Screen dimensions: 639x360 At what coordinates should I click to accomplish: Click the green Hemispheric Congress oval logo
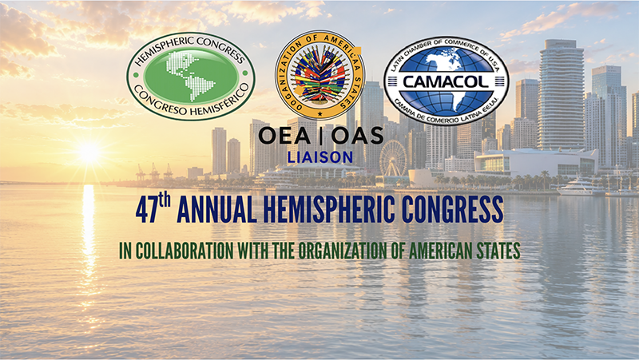(191, 76)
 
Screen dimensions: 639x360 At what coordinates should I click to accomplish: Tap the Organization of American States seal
(320, 75)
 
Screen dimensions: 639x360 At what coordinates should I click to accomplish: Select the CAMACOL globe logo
(447, 81)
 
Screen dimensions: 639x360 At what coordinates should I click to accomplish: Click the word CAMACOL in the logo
(447, 82)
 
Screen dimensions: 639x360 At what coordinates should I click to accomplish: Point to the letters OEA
(284, 136)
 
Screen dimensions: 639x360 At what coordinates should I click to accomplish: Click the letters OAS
(357, 136)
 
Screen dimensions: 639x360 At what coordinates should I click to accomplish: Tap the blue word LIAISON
(320, 157)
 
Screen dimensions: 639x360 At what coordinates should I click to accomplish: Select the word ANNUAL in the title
(216, 211)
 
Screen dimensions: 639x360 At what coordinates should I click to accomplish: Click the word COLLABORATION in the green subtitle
(185, 251)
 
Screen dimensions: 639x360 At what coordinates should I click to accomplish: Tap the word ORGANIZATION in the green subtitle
(343, 251)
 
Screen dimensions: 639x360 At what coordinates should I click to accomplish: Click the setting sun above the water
(89, 152)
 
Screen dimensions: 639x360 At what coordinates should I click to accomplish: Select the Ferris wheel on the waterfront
(393, 158)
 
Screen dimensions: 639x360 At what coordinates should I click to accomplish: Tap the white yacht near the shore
(578, 188)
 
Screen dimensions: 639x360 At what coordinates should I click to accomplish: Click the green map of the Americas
(191, 76)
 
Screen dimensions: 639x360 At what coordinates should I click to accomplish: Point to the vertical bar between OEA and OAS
(321, 136)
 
